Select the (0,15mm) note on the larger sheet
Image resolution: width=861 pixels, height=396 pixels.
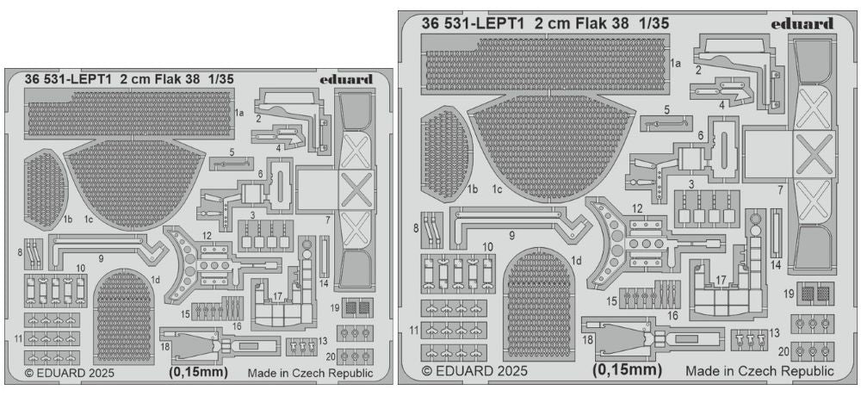pyautogui.click(x=626, y=370)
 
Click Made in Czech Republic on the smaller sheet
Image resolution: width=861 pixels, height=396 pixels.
pyautogui.click(x=310, y=373)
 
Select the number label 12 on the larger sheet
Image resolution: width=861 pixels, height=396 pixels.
pyautogui.click(x=637, y=207)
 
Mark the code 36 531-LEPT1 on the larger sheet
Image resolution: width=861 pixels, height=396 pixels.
pyautogui.click(x=472, y=23)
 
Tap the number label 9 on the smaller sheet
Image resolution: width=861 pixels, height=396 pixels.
pyautogui.click(x=100, y=257)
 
